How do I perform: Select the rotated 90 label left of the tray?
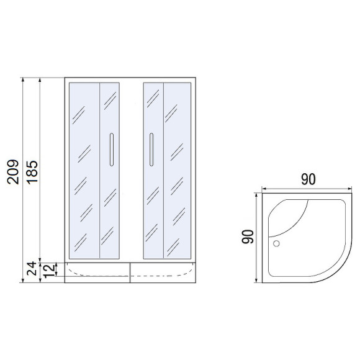point(246,237)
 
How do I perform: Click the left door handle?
point(111,150)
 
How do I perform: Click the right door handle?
point(150,150)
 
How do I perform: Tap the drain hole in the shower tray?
point(277,244)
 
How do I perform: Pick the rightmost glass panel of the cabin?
point(177,169)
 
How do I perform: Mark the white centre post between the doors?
point(131,169)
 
